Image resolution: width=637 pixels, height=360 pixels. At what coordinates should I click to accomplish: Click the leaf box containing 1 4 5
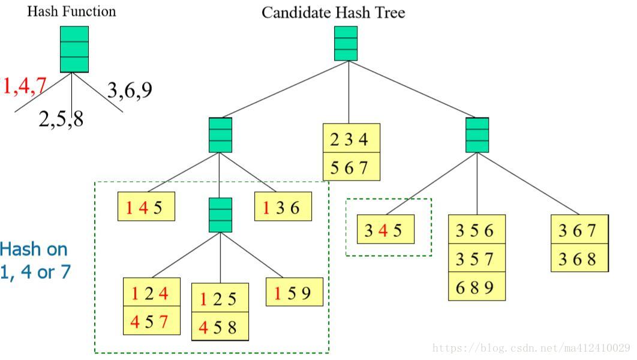(x=146, y=208)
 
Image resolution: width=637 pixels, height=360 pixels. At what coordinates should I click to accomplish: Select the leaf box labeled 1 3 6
(x=283, y=208)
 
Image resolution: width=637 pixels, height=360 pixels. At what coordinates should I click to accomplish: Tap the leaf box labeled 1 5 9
(x=295, y=293)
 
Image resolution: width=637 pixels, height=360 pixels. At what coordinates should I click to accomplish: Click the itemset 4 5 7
(x=151, y=322)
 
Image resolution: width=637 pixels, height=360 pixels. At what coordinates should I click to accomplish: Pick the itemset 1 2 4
(x=151, y=293)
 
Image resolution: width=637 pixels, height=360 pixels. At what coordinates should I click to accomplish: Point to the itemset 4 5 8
(x=220, y=327)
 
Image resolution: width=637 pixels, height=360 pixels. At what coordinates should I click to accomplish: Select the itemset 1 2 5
(x=220, y=298)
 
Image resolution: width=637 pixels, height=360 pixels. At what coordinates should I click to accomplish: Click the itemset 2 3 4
(x=351, y=139)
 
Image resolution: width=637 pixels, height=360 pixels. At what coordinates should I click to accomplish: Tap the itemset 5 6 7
(x=351, y=167)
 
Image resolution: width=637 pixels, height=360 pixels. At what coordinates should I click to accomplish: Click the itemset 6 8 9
(x=477, y=287)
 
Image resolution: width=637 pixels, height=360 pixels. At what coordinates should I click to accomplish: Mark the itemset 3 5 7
(x=477, y=259)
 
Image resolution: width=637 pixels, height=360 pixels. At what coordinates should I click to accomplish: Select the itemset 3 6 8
(x=579, y=259)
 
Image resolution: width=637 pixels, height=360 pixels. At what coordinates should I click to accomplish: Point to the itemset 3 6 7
(x=579, y=230)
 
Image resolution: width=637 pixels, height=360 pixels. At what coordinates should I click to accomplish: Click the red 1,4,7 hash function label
(x=25, y=86)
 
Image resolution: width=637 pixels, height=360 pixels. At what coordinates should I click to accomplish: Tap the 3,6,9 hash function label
(x=130, y=90)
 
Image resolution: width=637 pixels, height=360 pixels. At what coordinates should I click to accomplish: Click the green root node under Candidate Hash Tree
(x=346, y=43)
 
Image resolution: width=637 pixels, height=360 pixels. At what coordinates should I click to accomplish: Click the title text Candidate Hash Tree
(x=333, y=13)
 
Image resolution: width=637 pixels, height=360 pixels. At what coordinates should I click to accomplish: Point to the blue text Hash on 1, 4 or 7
(x=34, y=260)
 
